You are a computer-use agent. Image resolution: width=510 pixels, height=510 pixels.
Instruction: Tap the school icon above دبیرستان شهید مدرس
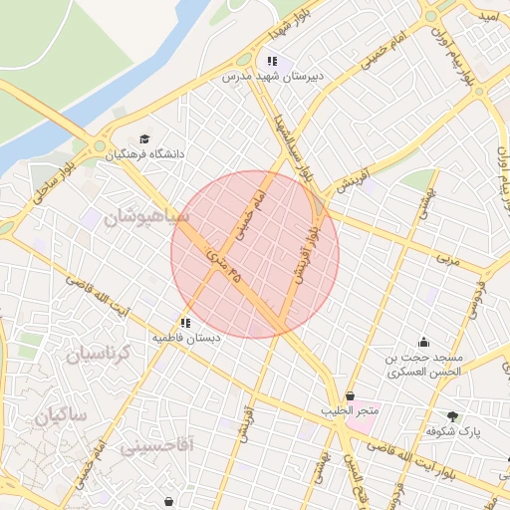272,61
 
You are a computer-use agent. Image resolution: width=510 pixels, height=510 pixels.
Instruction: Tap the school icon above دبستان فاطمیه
185,322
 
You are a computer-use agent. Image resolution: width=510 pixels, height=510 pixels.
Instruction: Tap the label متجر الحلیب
350,411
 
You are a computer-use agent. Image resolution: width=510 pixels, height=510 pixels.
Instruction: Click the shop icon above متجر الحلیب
350,396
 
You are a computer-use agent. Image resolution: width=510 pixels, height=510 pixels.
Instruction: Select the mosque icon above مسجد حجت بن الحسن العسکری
423,342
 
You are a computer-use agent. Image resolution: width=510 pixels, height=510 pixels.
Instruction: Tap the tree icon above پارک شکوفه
454,416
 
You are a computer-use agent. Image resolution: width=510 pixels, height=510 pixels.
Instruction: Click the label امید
487,17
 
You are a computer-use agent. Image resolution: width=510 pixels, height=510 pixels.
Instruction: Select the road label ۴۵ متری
225,266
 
